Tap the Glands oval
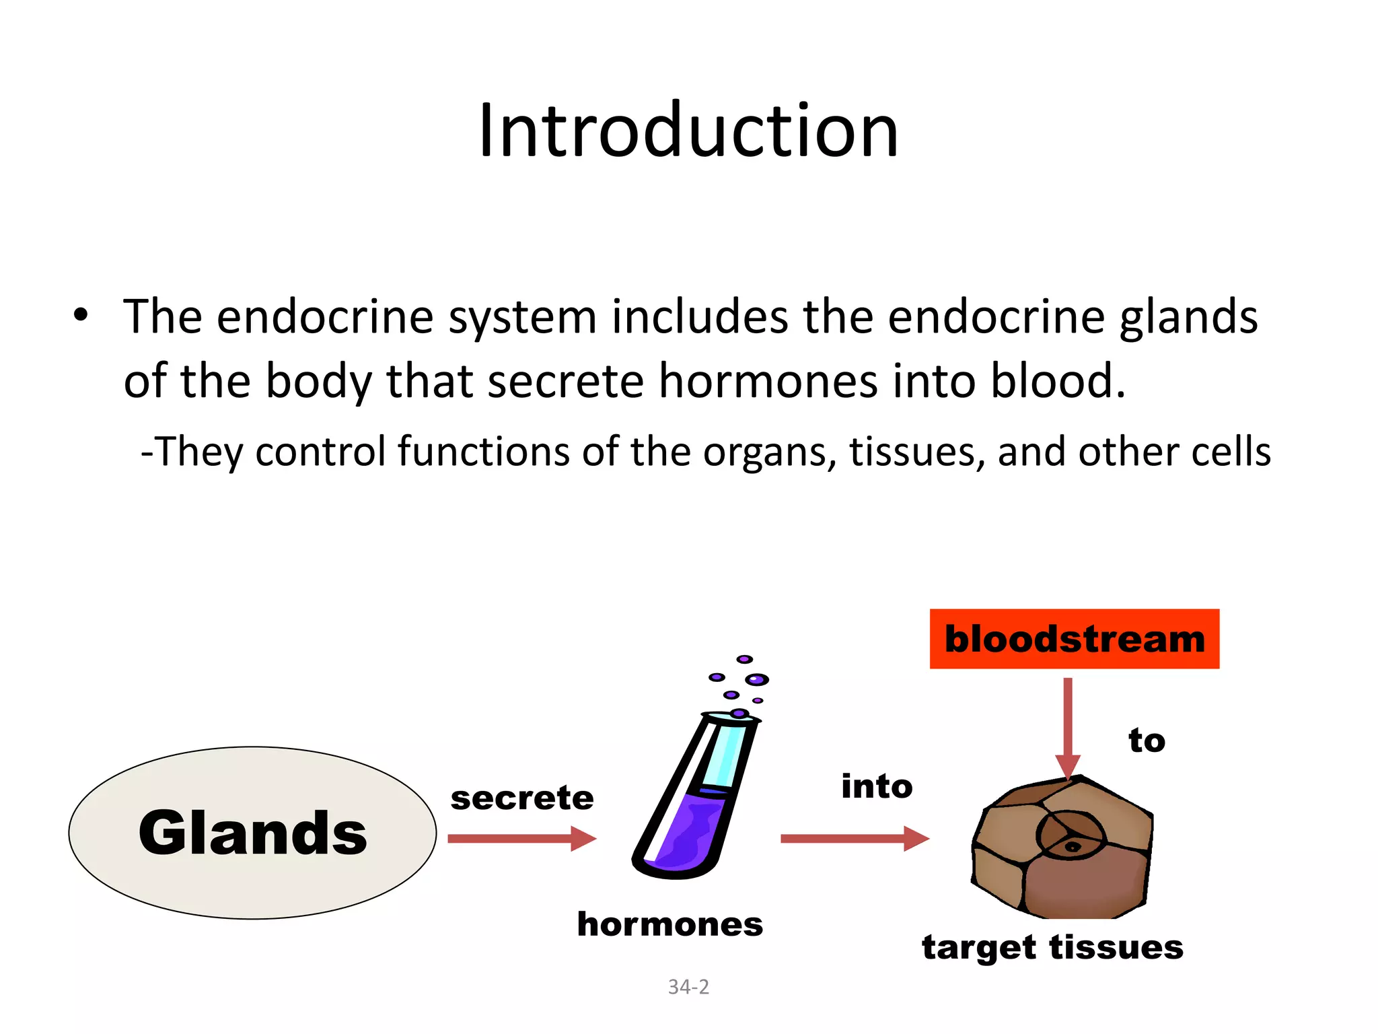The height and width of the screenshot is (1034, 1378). (252, 833)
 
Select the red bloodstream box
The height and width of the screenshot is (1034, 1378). (1074, 639)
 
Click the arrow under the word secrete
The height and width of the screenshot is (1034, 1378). (521, 839)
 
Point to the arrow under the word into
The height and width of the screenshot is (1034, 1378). (855, 839)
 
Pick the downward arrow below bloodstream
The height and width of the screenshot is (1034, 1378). (1068, 727)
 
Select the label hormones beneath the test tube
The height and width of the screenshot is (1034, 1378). (670, 924)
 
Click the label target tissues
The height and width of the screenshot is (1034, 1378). (1052, 947)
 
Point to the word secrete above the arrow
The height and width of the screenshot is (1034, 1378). (522, 798)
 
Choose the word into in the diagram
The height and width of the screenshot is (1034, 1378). (877, 786)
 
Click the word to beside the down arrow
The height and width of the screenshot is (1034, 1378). (1147, 740)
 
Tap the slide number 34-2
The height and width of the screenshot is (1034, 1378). (688, 987)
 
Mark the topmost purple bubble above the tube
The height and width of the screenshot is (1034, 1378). (744, 659)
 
